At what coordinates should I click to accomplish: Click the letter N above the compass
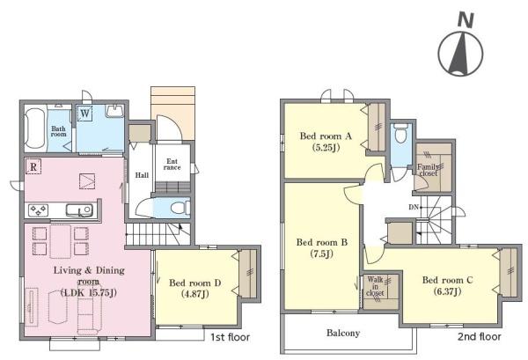click(x=466, y=20)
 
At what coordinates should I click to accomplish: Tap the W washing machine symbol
click(x=85, y=113)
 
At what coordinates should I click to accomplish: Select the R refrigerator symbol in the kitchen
click(x=33, y=166)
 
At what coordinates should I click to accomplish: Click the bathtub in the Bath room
click(x=34, y=129)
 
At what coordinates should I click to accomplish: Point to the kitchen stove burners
click(x=38, y=211)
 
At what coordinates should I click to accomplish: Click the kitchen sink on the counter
click(x=79, y=210)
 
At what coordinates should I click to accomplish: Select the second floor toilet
click(x=401, y=134)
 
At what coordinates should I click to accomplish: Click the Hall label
click(x=142, y=175)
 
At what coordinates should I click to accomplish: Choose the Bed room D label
click(x=195, y=283)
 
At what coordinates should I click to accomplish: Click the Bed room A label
click(x=326, y=136)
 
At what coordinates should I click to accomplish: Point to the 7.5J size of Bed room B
click(x=321, y=253)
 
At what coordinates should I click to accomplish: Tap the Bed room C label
click(x=448, y=280)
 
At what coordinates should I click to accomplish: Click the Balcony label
click(x=343, y=333)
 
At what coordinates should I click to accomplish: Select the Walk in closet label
click(x=375, y=286)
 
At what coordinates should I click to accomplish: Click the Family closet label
click(x=429, y=170)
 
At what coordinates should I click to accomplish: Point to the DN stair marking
click(x=414, y=207)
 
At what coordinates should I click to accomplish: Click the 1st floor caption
click(x=231, y=337)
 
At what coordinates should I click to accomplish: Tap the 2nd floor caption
click(x=480, y=336)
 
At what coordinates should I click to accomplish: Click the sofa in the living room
click(x=90, y=313)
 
